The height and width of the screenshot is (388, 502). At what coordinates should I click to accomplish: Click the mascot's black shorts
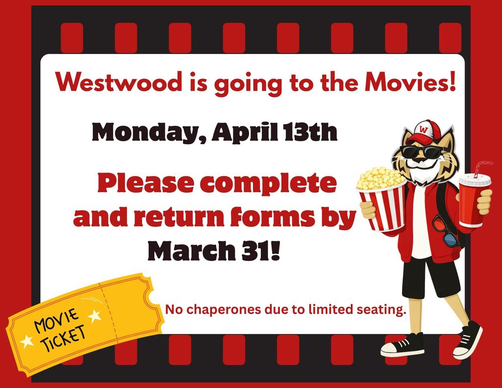click(430, 277)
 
